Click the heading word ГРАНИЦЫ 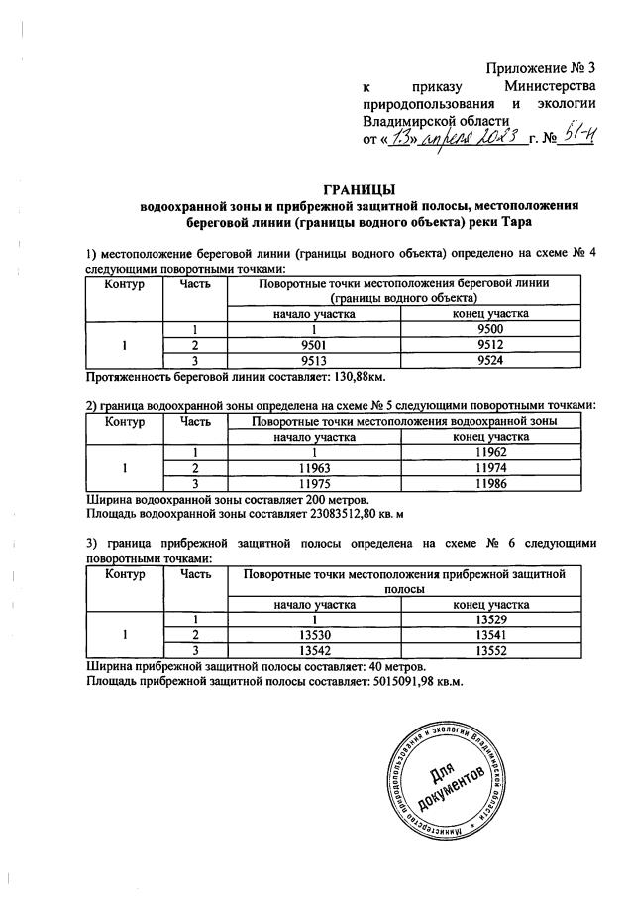click(x=361, y=188)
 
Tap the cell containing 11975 click(x=314, y=483)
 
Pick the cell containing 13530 click(x=314, y=635)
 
